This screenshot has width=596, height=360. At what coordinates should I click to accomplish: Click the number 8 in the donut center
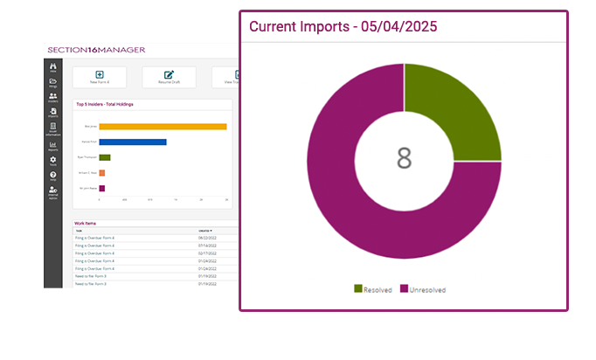[x=404, y=158]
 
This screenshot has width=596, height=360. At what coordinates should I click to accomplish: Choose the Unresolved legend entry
[x=426, y=288]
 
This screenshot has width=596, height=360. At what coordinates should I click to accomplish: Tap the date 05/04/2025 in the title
[x=397, y=26]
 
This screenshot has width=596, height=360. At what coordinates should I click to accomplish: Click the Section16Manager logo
[x=95, y=50]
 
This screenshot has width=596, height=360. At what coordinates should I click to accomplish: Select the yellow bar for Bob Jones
[x=163, y=127]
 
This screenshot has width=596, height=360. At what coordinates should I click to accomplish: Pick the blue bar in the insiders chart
[x=133, y=142]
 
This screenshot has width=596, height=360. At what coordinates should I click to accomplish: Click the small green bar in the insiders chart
[x=105, y=157]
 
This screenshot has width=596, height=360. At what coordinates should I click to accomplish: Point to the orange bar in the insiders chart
[x=102, y=173]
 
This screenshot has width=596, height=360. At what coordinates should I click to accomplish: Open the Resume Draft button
[x=169, y=77]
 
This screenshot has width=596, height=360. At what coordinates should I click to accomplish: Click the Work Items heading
[x=85, y=224]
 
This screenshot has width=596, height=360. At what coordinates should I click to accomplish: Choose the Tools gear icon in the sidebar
[x=53, y=161]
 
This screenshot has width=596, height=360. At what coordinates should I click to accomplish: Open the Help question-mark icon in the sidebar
[x=53, y=176]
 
